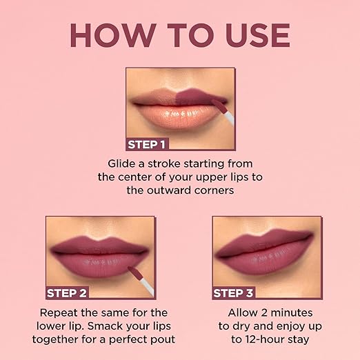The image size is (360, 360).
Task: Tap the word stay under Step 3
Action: pyautogui.click(x=298, y=339)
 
